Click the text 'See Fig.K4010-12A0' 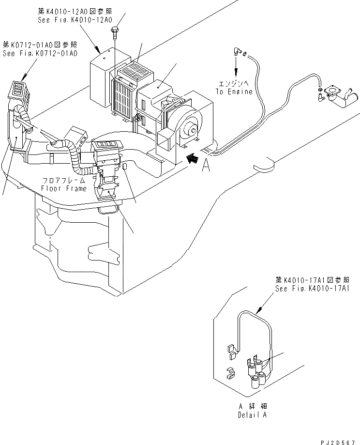[x=75, y=20]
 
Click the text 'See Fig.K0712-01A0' [x=40, y=53]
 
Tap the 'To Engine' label [x=235, y=92]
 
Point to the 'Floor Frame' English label [x=63, y=188]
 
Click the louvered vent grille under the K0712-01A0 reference [x=18, y=91]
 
